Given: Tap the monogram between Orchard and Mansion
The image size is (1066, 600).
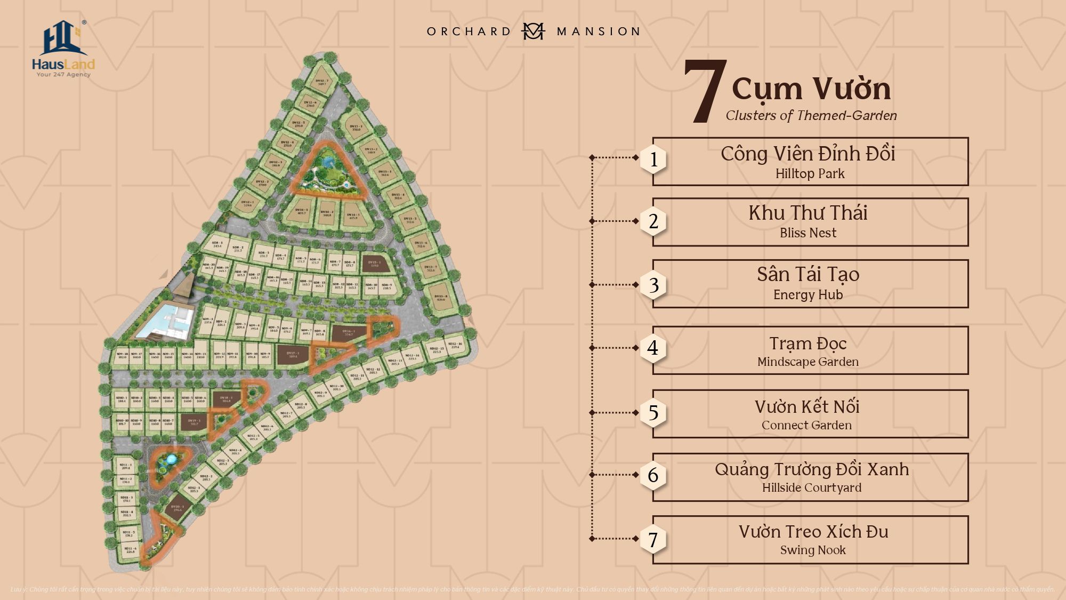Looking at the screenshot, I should tap(532, 31).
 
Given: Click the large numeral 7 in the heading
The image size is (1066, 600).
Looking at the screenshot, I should tap(705, 92).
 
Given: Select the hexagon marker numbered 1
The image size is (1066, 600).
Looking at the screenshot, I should tap(653, 159).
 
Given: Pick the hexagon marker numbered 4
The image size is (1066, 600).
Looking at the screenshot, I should tap(653, 348).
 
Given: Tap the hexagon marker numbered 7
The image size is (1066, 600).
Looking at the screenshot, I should tap(653, 540).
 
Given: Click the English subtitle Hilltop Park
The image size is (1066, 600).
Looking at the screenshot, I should tap(810, 174).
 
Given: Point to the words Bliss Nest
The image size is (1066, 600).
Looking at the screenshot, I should tap(808, 233).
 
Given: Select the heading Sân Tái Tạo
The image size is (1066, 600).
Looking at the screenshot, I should tap(808, 274).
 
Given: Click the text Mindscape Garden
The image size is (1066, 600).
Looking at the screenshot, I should tap(808, 362).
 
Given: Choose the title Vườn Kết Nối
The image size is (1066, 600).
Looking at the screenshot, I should tap(807, 407).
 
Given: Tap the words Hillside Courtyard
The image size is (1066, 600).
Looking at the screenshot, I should tap(811, 487).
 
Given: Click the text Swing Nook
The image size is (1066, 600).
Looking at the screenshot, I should tap(813, 550).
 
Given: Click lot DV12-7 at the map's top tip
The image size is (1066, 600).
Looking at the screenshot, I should tap(322, 82).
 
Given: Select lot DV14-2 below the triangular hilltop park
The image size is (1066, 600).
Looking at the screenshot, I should tap(327, 213).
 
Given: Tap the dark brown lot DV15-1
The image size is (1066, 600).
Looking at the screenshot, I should tap(374, 263).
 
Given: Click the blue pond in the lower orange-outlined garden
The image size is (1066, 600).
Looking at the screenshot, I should tap(171, 459).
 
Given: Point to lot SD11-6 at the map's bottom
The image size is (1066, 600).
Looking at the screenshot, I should tap(131, 550).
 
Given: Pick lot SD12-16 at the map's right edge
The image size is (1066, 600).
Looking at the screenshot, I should tap(455, 345).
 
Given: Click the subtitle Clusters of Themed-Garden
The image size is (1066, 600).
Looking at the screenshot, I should tap(811, 116).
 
